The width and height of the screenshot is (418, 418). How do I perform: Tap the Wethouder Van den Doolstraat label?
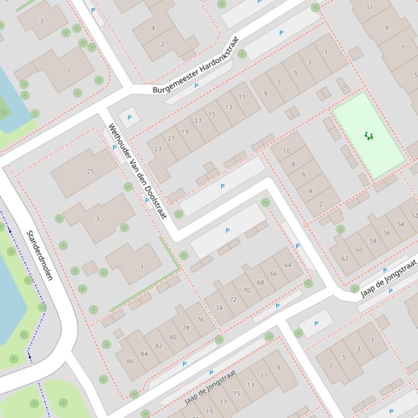tap(137, 170)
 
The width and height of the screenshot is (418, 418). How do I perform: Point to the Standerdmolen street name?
tap(40, 255)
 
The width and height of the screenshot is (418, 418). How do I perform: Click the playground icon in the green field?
tap(369, 136)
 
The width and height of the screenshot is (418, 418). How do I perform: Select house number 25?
tap(90, 171)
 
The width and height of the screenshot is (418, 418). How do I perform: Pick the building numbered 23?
tap(158, 148)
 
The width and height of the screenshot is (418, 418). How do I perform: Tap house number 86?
tap(130, 361)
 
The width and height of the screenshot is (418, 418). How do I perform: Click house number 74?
tap(220, 307)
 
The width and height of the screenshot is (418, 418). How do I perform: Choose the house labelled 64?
tap(288, 265)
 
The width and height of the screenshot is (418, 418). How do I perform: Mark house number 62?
tap(345, 258)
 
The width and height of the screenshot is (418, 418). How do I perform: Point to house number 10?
tap(286, 151)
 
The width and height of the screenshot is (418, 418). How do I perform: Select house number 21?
tap(171, 138)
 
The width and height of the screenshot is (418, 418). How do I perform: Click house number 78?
tap(186, 328)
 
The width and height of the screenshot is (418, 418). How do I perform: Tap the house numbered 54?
tap(401, 224)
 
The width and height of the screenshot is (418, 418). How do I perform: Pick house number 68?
tap(260, 282)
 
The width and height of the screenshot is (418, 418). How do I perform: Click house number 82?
tap(159, 345)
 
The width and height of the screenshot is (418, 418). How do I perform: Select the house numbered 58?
tap(373, 241)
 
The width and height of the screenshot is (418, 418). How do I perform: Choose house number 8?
tap(294, 164)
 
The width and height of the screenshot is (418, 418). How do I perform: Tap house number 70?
tap(247, 290)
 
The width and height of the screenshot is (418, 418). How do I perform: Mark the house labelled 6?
tap(303, 174)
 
